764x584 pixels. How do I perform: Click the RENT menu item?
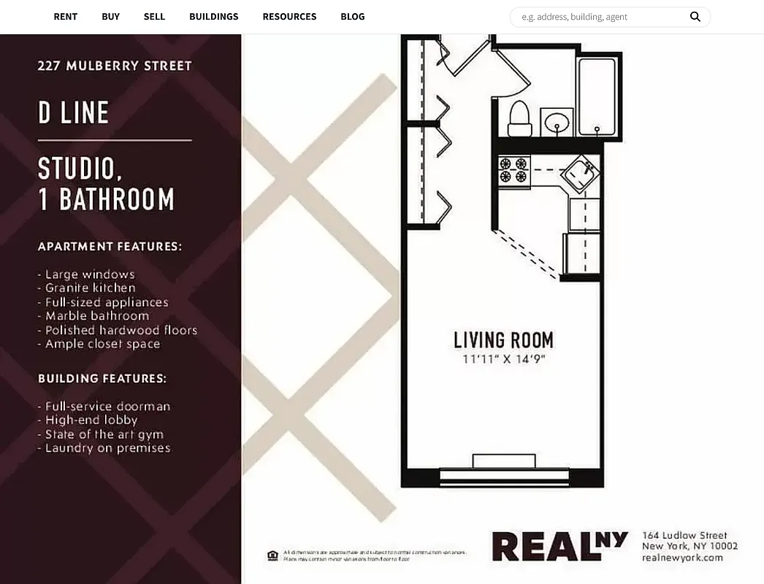(65, 16)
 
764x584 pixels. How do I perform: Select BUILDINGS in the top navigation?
(213, 16)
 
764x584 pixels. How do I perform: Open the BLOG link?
(352, 16)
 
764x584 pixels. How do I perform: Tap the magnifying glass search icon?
(695, 17)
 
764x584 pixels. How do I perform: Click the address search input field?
(599, 17)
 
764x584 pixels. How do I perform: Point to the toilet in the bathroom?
(519, 118)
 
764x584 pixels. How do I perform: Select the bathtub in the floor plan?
(597, 97)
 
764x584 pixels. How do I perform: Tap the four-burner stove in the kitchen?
(513, 170)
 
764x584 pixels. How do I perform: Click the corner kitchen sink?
(581, 174)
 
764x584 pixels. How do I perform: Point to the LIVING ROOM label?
(503, 340)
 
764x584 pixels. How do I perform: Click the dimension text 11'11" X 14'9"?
(504, 359)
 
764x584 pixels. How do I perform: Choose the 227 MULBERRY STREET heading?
(115, 66)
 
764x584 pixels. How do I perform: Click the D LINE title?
(73, 113)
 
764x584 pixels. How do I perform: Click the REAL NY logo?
(559, 546)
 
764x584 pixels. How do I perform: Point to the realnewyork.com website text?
(682, 558)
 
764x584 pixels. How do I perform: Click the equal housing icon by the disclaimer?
(272, 556)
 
